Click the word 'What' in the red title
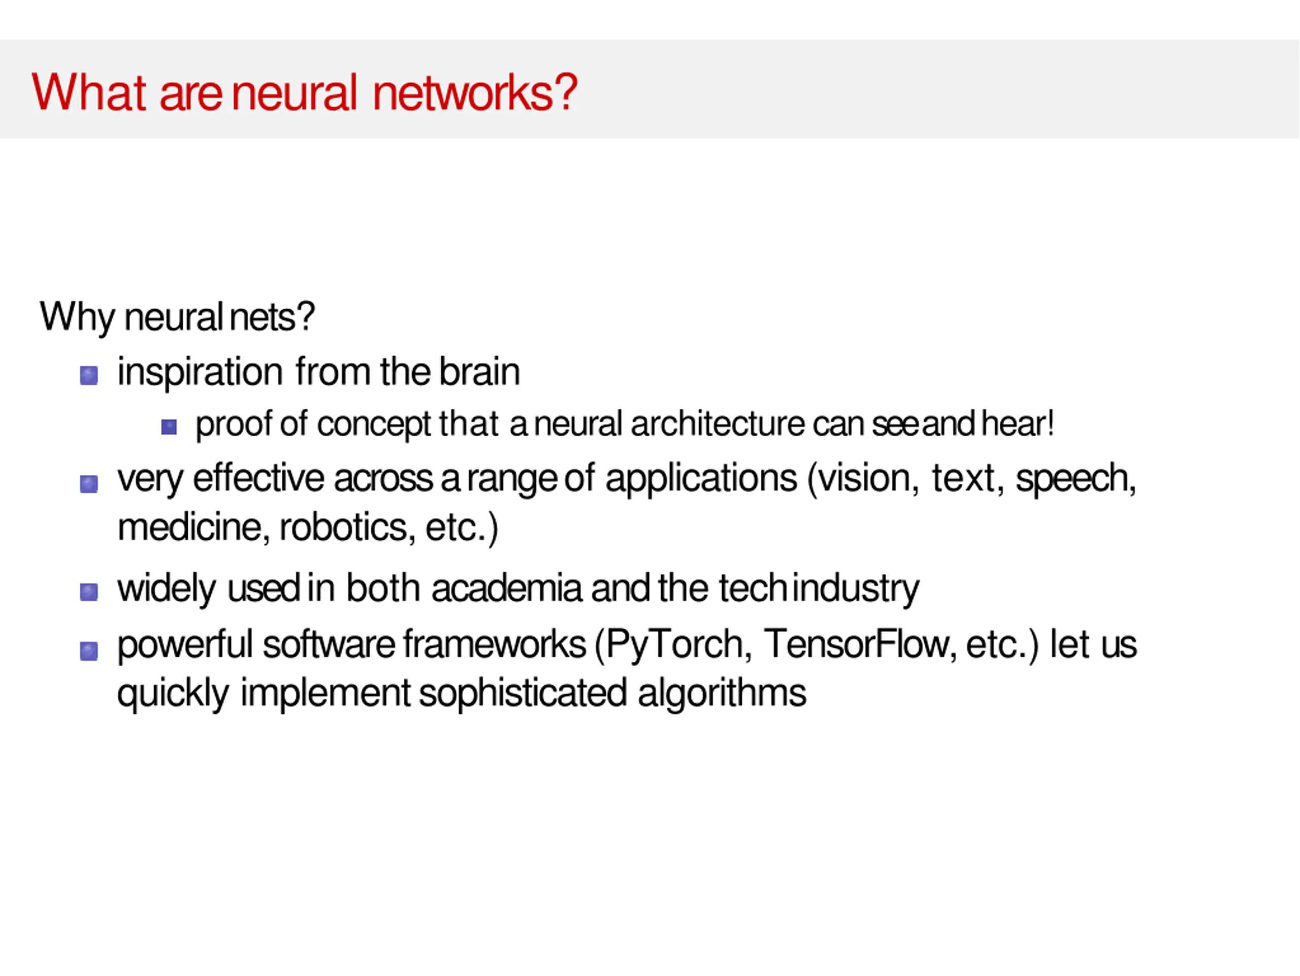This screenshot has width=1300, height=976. pyautogui.click(x=88, y=92)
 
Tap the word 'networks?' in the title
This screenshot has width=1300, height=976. pyautogui.click(x=475, y=92)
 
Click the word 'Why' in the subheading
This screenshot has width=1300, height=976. pyautogui.click(x=76, y=317)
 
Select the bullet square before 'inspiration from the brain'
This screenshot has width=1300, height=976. pyautogui.click(x=89, y=375)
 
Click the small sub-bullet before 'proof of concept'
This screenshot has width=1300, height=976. pyautogui.click(x=169, y=427)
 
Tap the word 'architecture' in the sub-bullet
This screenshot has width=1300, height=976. pyautogui.click(x=717, y=424)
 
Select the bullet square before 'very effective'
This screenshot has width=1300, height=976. pyautogui.click(x=89, y=484)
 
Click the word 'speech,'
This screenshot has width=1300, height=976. pyautogui.click(x=1076, y=479)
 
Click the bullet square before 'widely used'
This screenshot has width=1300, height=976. pyautogui.click(x=89, y=592)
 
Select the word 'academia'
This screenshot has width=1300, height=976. pyautogui.click(x=506, y=588)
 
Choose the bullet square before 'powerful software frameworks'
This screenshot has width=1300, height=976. pyautogui.click(x=89, y=651)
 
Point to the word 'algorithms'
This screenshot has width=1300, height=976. pyautogui.click(x=722, y=693)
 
